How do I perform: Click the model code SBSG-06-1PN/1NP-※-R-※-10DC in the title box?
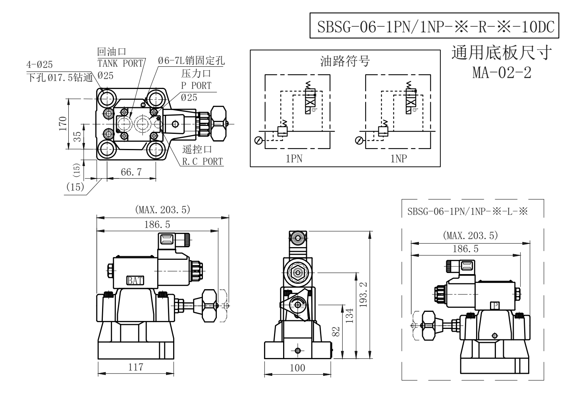436,27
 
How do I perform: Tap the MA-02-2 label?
501,73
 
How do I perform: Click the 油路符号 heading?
345,61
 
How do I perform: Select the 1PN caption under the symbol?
294,159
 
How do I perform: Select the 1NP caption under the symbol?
399,159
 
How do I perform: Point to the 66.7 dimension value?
131,172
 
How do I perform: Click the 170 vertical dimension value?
63,124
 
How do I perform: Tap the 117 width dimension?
136,367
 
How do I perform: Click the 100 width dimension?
297,368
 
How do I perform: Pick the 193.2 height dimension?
363,295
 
